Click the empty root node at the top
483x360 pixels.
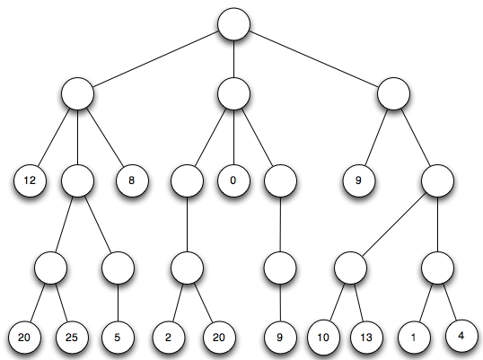point(233,24)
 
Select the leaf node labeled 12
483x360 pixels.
point(30,180)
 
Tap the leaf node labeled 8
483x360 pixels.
point(132,180)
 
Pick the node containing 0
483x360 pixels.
point(233,180)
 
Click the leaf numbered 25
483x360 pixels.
point(72,338)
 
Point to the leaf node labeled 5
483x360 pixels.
point(118,338)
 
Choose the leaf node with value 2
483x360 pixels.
point(169,338)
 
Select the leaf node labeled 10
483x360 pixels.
point(323,338)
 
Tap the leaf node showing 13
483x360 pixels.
point(366,338)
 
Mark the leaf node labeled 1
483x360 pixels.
point(414,338)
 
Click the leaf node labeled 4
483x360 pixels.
point(461,336)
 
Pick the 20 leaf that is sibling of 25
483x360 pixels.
point(24,338)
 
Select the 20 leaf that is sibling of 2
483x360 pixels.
point(219,338)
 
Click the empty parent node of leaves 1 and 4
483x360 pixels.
point(437,268)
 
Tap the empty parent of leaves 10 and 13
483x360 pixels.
point(350,268)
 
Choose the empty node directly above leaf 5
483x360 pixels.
point(118,268)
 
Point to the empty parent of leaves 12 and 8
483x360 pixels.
point(77,93)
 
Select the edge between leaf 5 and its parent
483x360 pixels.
point(118,303)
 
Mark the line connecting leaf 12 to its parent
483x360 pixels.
point(54,137)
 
